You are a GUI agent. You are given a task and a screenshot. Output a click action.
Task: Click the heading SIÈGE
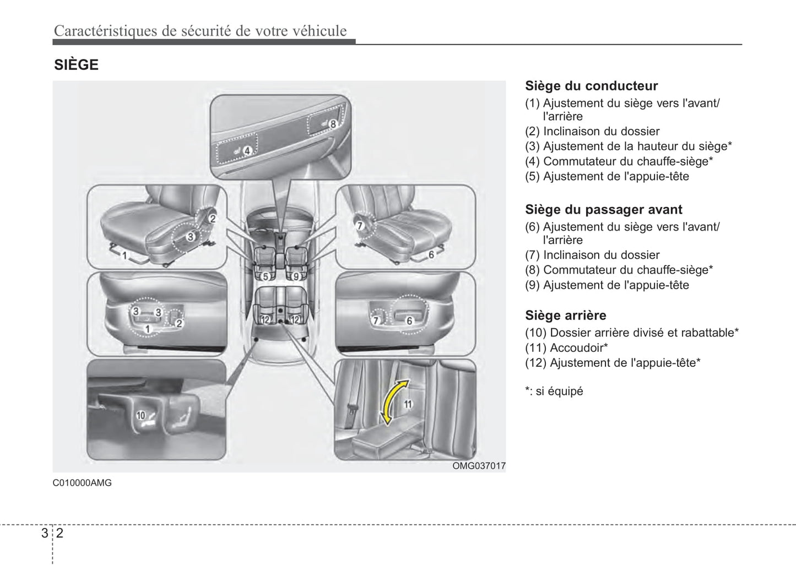pyautogui.click(x=76, y=65)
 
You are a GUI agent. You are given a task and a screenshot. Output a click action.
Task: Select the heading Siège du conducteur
pyautogui.click(x=591, y=86)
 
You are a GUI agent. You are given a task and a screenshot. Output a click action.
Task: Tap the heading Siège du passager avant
pyautogui.click(x=603, y=210)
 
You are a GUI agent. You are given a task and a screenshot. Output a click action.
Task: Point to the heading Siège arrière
pyautogui.click(x=565, y=316)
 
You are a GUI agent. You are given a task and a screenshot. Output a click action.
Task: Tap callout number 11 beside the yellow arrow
pyautogui.click(x=408, y=404)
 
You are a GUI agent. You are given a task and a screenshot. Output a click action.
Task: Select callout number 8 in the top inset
pyautogui.click(x=333, y=124)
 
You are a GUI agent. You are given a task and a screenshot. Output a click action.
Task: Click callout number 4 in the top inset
pyautogui.click(x=247, y=150)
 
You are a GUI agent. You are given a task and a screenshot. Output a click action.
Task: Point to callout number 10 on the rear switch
pyautogui.click(x=140, y=415)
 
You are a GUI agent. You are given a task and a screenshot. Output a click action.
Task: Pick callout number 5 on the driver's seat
pyautogui.click(x=265, y=276)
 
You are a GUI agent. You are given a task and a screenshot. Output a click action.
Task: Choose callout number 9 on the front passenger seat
pyautogui.click(x=296, y=276)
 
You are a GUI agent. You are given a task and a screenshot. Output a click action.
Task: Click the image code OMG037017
pyautogui.click(x=479, y=466)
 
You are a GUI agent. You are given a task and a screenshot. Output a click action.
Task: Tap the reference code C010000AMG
pyautogui.click(x=82, y=483)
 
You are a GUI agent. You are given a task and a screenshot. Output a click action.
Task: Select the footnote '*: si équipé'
pyautogui.click(x=554, y=392)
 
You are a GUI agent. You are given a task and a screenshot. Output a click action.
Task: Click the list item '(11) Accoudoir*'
pyautogui.click(x=566, y=348)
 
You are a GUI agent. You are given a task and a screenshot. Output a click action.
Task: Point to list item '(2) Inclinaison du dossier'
pyautogui.click(x=592, y=132)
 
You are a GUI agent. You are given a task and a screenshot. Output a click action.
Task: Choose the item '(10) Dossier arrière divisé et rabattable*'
pyautogui.click(x=631, y=333)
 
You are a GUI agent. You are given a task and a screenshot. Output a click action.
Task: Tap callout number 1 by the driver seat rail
pyautogui.click(x=124, y=256)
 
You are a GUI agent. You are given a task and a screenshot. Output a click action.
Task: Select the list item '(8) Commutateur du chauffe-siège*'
pyautogui.click(x=619, y=270)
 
